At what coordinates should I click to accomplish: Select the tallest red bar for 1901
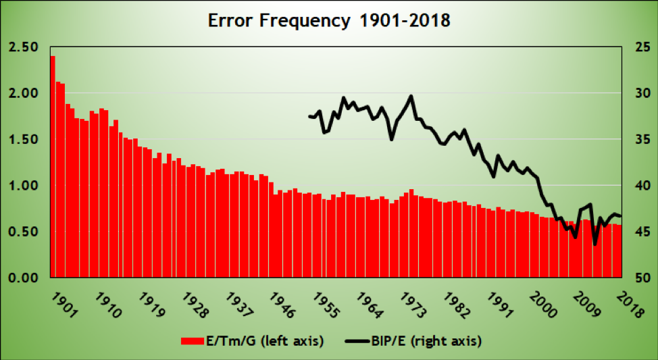point(53,166)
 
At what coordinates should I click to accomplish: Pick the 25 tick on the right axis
point(638,47)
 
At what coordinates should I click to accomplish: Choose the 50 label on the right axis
point(638,278)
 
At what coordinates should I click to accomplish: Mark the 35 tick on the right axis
point(638,140)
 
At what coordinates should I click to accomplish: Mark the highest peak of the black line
point(411,96)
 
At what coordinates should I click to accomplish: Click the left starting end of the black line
point(309,116)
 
